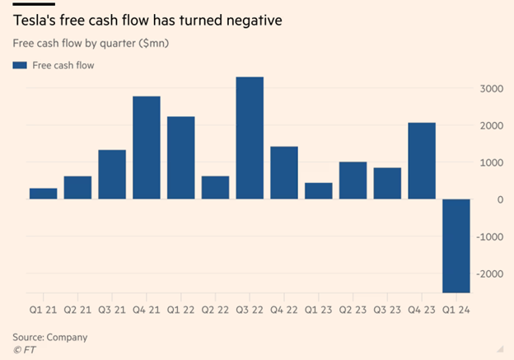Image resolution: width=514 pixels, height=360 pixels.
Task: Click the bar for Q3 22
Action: [x=250, y=138]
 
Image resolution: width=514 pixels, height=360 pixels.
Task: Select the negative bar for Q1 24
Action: [x=456, y=245]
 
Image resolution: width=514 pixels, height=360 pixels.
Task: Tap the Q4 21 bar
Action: [x=147, y=147]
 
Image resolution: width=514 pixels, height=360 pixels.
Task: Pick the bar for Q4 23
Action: [x=421, y=161]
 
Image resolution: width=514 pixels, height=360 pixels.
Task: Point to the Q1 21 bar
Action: [x=43, y=194]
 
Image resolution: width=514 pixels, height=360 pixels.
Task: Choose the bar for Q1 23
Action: [x=318, y=190]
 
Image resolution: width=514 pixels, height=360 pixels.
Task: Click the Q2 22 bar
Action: [x=215, y=187]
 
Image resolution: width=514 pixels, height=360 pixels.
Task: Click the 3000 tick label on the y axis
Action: [x=493, y=88]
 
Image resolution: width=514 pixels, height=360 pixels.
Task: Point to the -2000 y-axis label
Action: [x=491, y=274]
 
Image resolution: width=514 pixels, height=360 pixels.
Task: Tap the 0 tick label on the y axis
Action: [x=500, y=199]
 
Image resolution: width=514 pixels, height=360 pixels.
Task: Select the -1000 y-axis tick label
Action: [x=491, y=236]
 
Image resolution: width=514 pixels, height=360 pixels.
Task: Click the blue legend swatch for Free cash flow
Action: [x=19, y=65]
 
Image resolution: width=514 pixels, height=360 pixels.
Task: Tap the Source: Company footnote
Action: [x=49, y=337]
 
